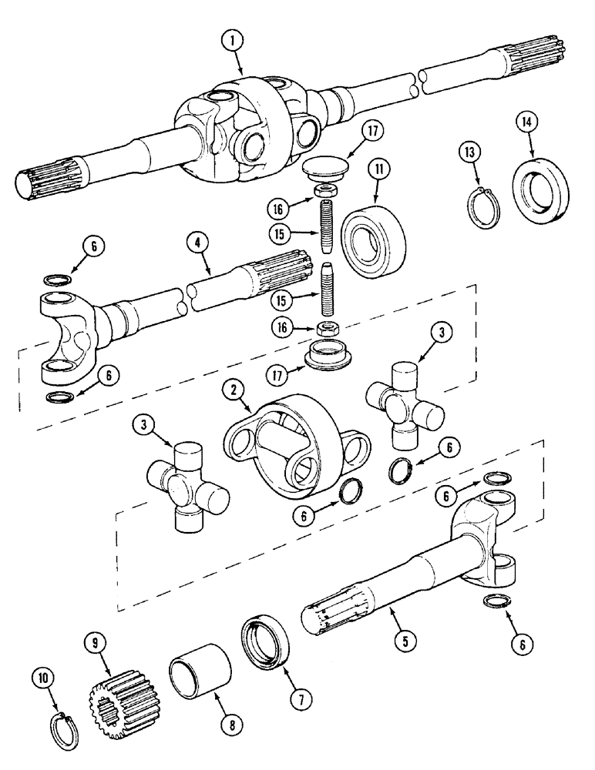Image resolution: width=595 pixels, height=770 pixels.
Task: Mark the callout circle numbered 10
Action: click(x=43, y=678)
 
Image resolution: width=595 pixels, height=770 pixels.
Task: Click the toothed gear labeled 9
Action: click(x=111, y=694)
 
